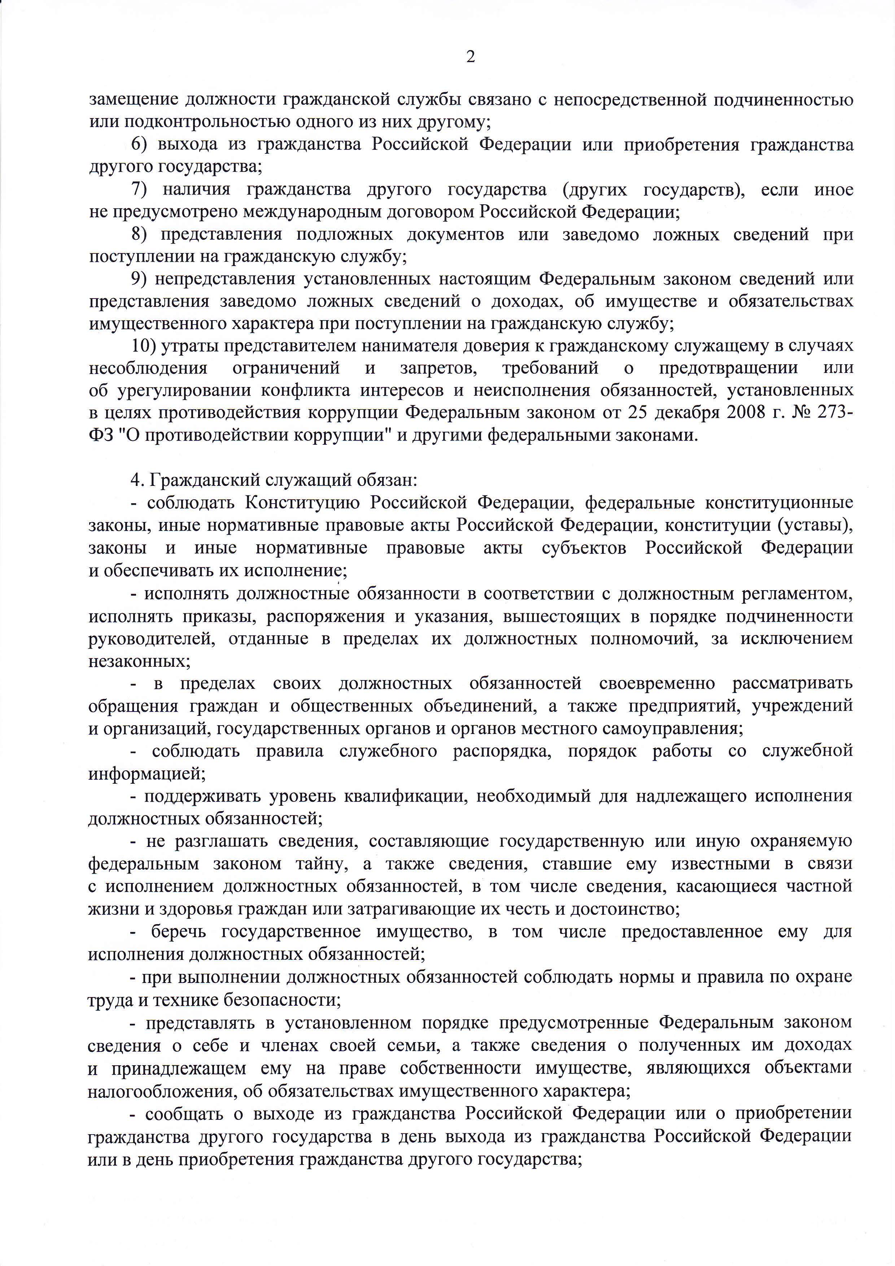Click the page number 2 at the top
click(470, 57)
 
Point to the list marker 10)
click(144, 346)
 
